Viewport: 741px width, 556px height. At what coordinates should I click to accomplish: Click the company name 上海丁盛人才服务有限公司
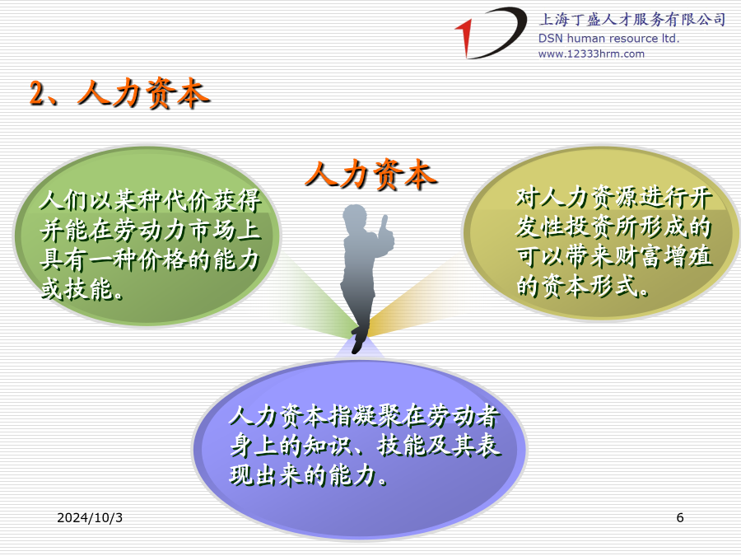pos(632,20)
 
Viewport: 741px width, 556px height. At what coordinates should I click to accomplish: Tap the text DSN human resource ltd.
pos(608,38)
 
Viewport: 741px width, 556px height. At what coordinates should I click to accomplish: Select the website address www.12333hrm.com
pos(591,54)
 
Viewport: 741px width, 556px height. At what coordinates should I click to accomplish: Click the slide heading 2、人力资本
pos(119,92)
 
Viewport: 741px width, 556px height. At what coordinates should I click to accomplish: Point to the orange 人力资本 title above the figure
pos(371,175)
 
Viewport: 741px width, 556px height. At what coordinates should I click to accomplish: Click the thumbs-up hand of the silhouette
pos(386,232)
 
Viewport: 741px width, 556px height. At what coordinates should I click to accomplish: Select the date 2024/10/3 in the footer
pos(90,518)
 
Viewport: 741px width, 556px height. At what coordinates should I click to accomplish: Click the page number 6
pos(680,518)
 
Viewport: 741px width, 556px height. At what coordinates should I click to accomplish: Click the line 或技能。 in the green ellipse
pos(82,289)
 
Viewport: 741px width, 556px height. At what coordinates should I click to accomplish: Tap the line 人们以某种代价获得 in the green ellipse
pos(151,200)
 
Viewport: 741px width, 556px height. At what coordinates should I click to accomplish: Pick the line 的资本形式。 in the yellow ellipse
pos(583,286)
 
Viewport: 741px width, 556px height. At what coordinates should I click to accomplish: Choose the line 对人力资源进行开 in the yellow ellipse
pos(614,198)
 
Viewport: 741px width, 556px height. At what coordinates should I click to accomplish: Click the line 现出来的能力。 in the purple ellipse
pos(309,474)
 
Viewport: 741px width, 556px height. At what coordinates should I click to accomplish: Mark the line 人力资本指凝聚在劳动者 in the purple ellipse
pos(365,416)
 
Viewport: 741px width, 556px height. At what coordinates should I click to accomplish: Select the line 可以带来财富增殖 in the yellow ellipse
pos(614,256)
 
